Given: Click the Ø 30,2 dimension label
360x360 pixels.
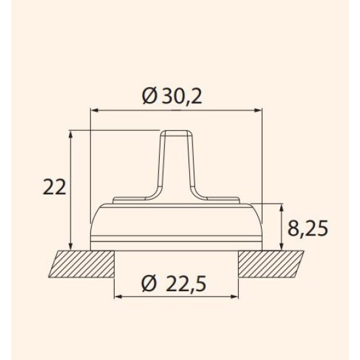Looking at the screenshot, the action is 172,96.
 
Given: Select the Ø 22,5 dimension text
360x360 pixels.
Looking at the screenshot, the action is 174,284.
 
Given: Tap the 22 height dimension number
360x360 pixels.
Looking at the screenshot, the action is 54,187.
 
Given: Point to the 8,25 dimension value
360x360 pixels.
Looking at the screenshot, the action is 308,228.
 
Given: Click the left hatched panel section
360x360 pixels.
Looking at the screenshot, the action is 82,264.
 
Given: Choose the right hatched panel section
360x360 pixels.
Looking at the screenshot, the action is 271,264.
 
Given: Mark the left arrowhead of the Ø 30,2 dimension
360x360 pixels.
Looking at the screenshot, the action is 95,111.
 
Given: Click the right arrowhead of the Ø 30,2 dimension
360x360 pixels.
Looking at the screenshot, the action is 258,111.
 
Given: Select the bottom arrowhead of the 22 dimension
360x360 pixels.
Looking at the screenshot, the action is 71,246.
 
